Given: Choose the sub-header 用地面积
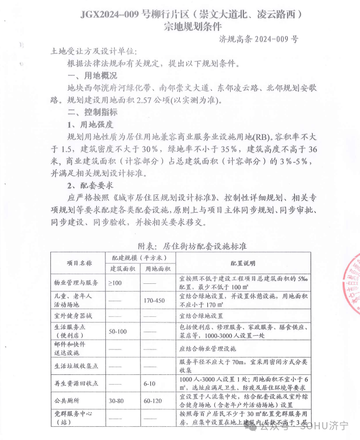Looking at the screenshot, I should click(x=158, y=269).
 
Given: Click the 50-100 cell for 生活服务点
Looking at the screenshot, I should click(x=118, y=332).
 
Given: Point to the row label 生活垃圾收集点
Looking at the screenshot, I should click(x=76, y=366).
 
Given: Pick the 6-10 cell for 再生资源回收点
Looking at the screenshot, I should click(x=150, y=383).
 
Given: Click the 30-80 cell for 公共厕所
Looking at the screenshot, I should click(x=116, y=401).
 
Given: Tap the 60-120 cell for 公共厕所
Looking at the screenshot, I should click(x=153, y=401).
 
